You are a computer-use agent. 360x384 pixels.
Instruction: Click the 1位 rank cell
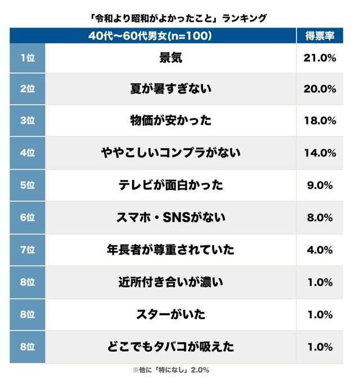pyautogui.click(x=27, y=58)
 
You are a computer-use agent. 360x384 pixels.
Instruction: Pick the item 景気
pyautogui.click(x=171, y=58)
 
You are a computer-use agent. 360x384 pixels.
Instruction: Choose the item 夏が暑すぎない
pyautogui.click(x=171, y=89)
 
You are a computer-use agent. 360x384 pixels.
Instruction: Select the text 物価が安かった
pyautogui.click(x=171, y=121)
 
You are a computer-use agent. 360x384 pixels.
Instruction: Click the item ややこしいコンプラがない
pyautogui.click(x=171, y=152)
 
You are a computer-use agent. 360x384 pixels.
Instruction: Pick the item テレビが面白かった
pyautogui.click(x=171, y=184)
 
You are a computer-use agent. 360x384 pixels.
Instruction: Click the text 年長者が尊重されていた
pyautogui.click(x=171, y=249)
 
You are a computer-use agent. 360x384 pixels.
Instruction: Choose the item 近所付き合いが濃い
pyautogui.click(x=171, y=282)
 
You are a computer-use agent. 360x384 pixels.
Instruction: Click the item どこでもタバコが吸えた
pyautogui.click(x=171, y=346)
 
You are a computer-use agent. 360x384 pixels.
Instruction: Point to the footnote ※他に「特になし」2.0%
pyautogui.click(x=171, y=370)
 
